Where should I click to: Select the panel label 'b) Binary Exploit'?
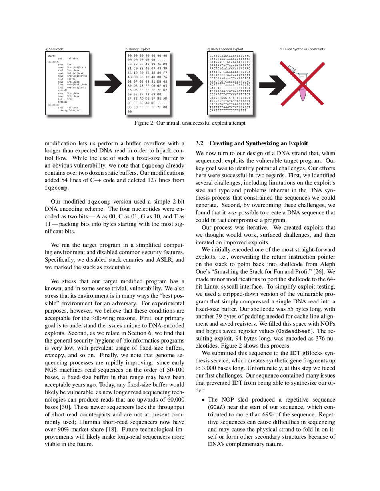click(136, 49)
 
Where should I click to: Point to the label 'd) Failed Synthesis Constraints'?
click(302, 49)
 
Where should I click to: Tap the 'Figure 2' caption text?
click(190, 123)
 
